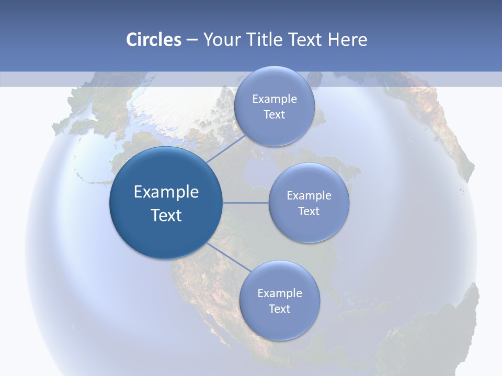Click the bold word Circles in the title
pyautogui.click(x=154, y=40)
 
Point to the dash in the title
pyautogui.click(x=191, y=40)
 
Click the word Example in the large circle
pyautogui.click(x=166, y=192)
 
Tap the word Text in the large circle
pyautogui.click(x=166, y=215)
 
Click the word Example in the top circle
pyautogui.click(x=274, y=99)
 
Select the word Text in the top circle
pyautogui.click(x=274, y=115)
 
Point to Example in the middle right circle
pyautogui.click(x=309, y=196)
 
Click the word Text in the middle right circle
pyautogui.click(x=309, y=211)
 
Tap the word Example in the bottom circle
pyautogui.click(x=279, y=293)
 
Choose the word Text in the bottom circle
pyautogui.click(x=279, y=309)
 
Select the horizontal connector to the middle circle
pyautogui.click(x=246, y=203)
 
